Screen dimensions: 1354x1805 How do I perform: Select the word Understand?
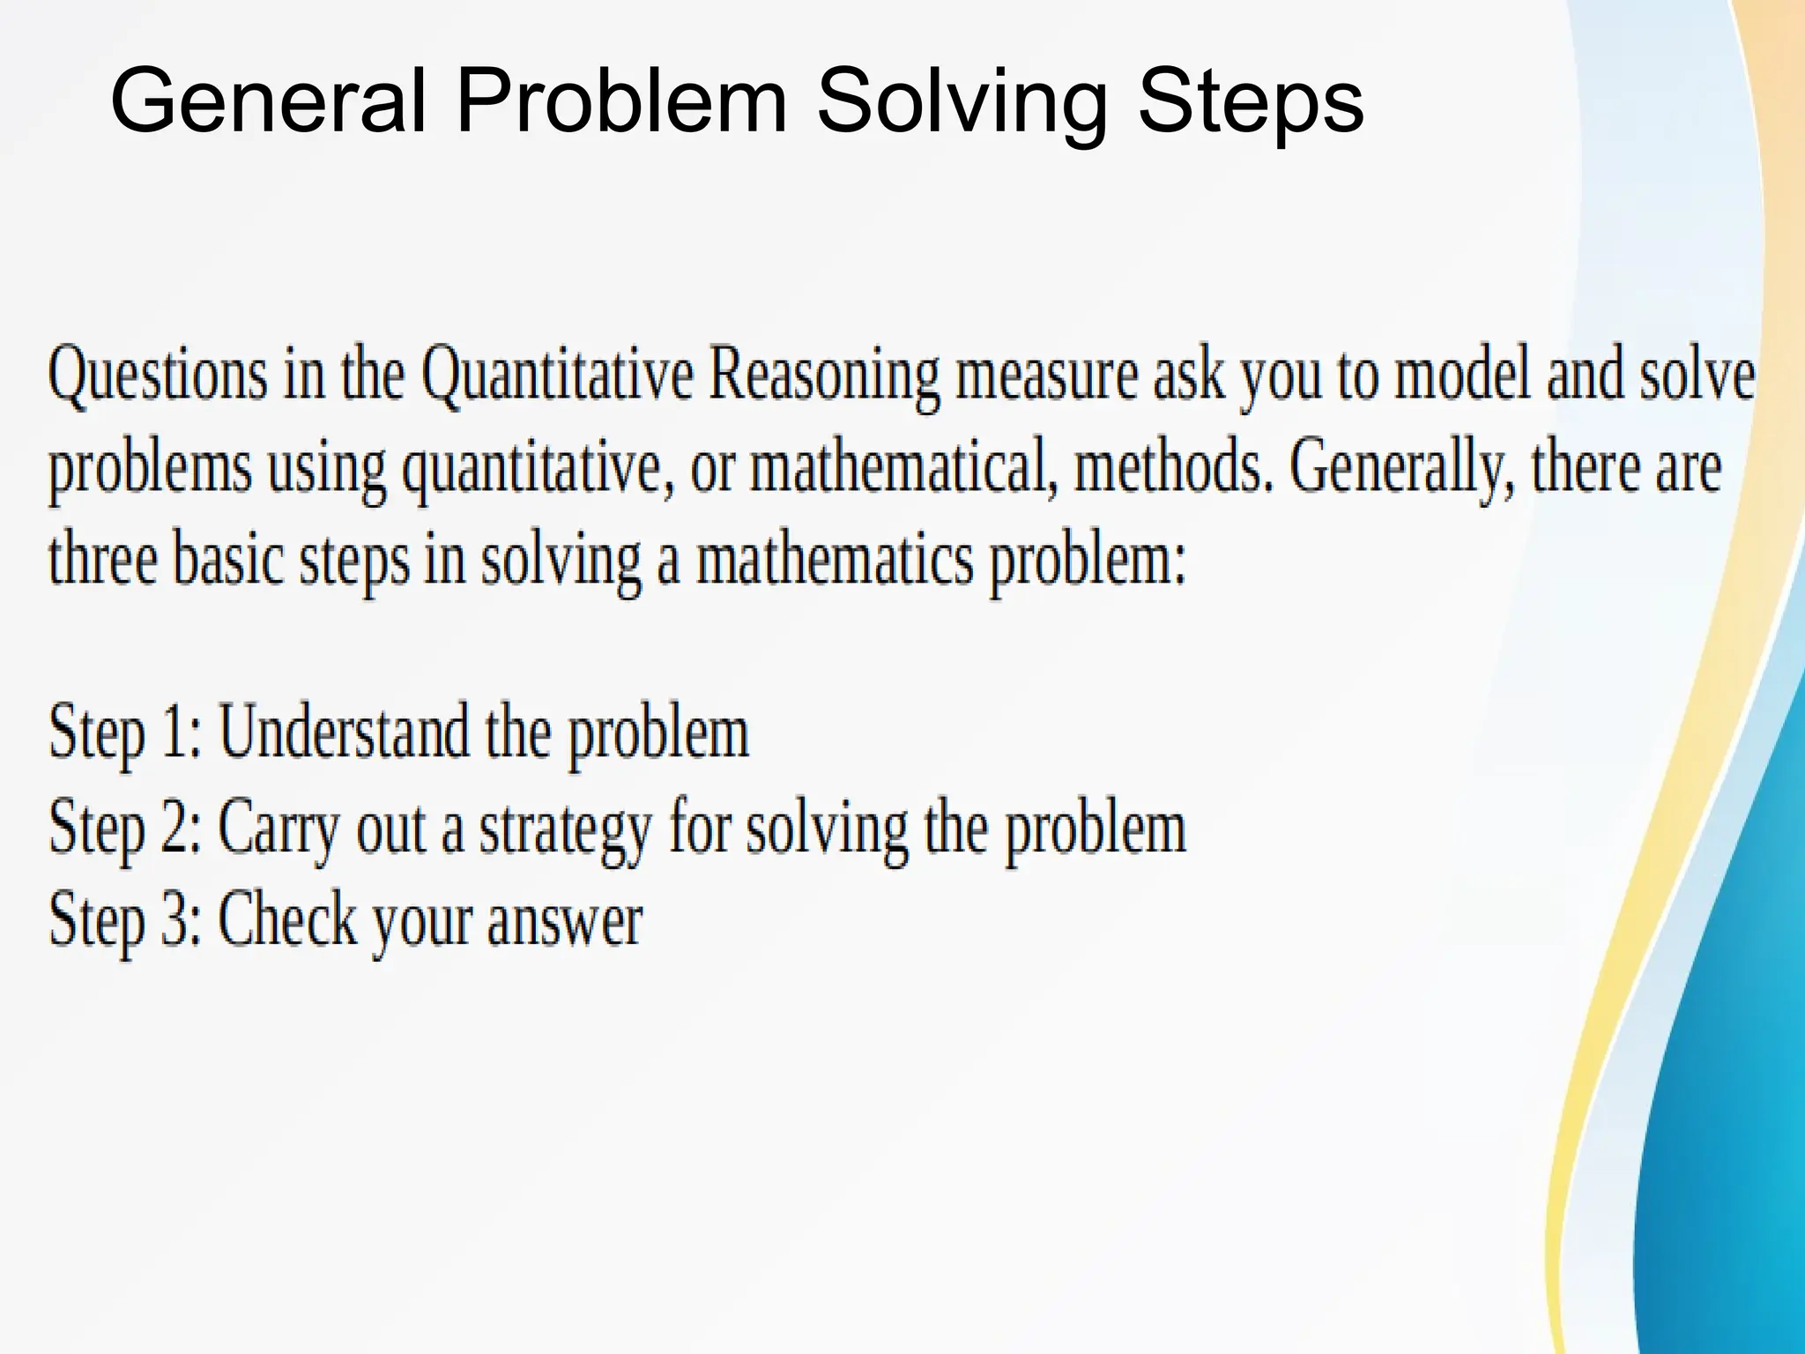click(343, 732)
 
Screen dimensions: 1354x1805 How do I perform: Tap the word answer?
click(564, 922)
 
